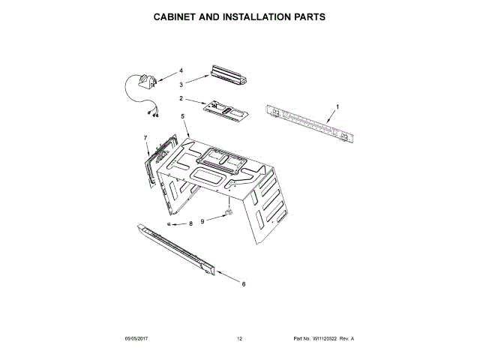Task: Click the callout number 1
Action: click(337, 106)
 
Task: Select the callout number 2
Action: click(181, 98)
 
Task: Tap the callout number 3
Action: click(181, 84)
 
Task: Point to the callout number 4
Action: click(181, 70)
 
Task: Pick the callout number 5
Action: click(182, 116)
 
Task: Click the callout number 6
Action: click(244, 284)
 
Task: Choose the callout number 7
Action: click(145, 138)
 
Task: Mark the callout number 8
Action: click(190, 223)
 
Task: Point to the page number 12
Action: click(239, 339)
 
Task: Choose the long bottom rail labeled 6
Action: click(176, 248)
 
